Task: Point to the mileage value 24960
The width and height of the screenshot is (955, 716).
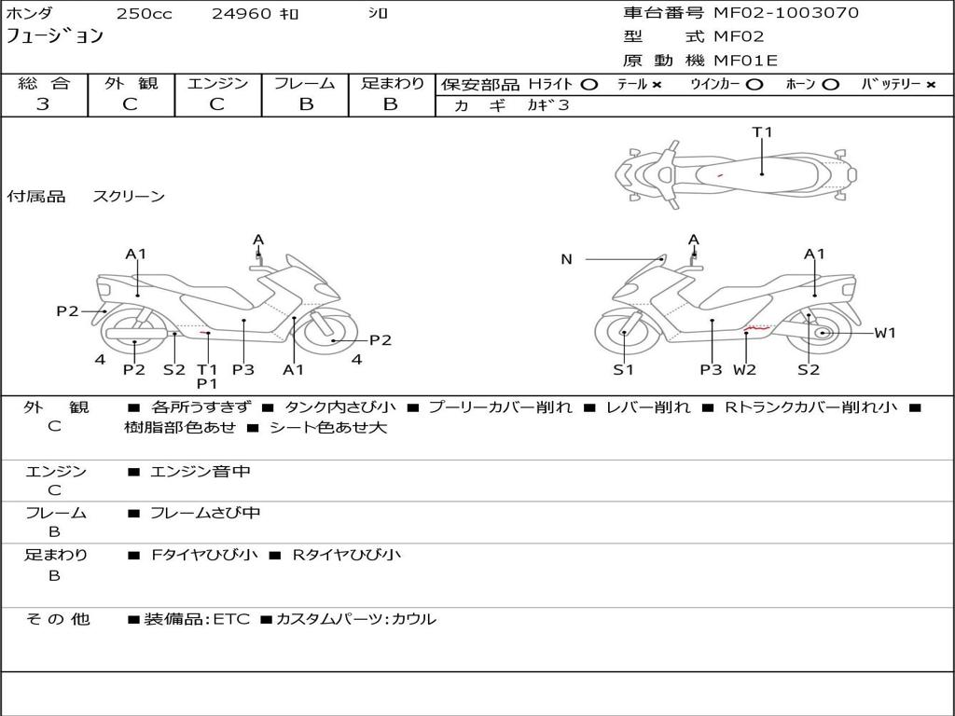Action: (240, 14)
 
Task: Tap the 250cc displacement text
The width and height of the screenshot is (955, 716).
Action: (144, 14)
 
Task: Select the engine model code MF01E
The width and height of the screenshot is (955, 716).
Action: (745, 62)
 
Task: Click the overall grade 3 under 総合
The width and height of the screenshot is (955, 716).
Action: (43, 104)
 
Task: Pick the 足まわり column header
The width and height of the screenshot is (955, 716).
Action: (393, 84)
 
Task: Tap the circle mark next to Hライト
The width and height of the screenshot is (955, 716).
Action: (588, 85)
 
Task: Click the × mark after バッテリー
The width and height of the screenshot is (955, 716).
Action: (930, 85)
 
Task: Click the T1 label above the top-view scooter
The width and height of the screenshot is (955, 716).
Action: (762, 132)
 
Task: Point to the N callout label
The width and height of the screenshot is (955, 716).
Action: (566, 259)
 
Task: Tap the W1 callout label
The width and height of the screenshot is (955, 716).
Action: (884, 333)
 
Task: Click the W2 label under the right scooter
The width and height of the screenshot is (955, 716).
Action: (744, 370)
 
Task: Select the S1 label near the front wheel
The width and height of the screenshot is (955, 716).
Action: (623, 370)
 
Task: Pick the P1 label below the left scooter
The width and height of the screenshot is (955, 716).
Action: (207, 383)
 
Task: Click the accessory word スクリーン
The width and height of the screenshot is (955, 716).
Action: (129, 197)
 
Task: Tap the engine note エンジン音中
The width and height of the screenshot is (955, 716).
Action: (201, 472)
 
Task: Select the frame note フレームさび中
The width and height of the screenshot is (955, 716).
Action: (205, 513)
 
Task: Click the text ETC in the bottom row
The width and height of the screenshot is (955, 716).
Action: (233, 619)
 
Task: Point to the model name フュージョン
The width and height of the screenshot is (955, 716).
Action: (55, 36)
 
